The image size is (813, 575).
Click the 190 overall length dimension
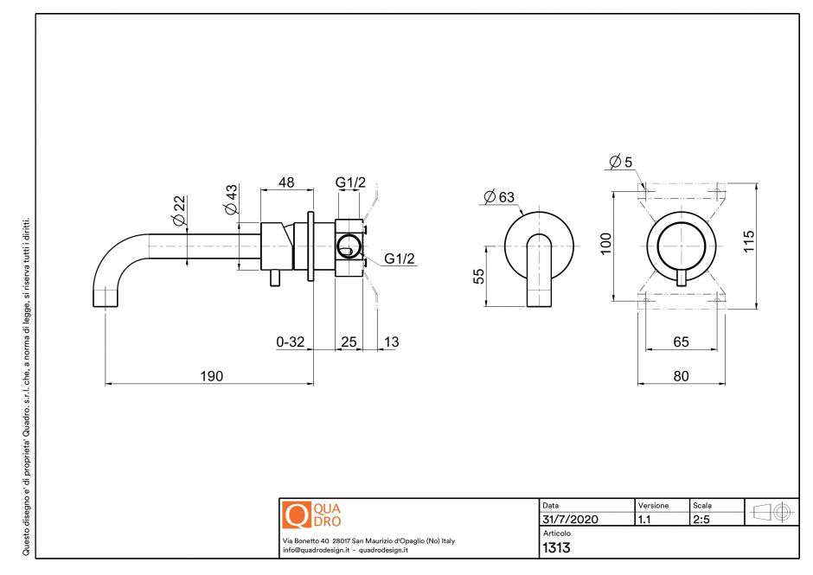pos(211,376)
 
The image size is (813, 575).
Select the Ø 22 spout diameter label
pos(180,211)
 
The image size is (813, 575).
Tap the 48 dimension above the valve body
pos(285,182)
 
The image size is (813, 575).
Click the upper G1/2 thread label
pos(350,182)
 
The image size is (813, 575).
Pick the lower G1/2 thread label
pos(400,259)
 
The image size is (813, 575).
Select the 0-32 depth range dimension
pos(291,342)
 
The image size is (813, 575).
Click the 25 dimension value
pos(349,342)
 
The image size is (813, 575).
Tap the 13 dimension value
pos(391,342)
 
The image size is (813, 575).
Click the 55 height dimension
pos(478,276)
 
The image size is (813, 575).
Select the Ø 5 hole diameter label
pos(621,162)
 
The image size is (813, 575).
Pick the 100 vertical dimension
pos(606,242)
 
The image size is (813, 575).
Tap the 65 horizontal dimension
pos(681,342)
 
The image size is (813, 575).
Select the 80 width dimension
pos(681,376)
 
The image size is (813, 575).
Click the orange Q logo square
pos(296,514)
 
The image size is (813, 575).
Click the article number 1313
pos(556,547)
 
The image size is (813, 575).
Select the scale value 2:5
pos(702,520)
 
